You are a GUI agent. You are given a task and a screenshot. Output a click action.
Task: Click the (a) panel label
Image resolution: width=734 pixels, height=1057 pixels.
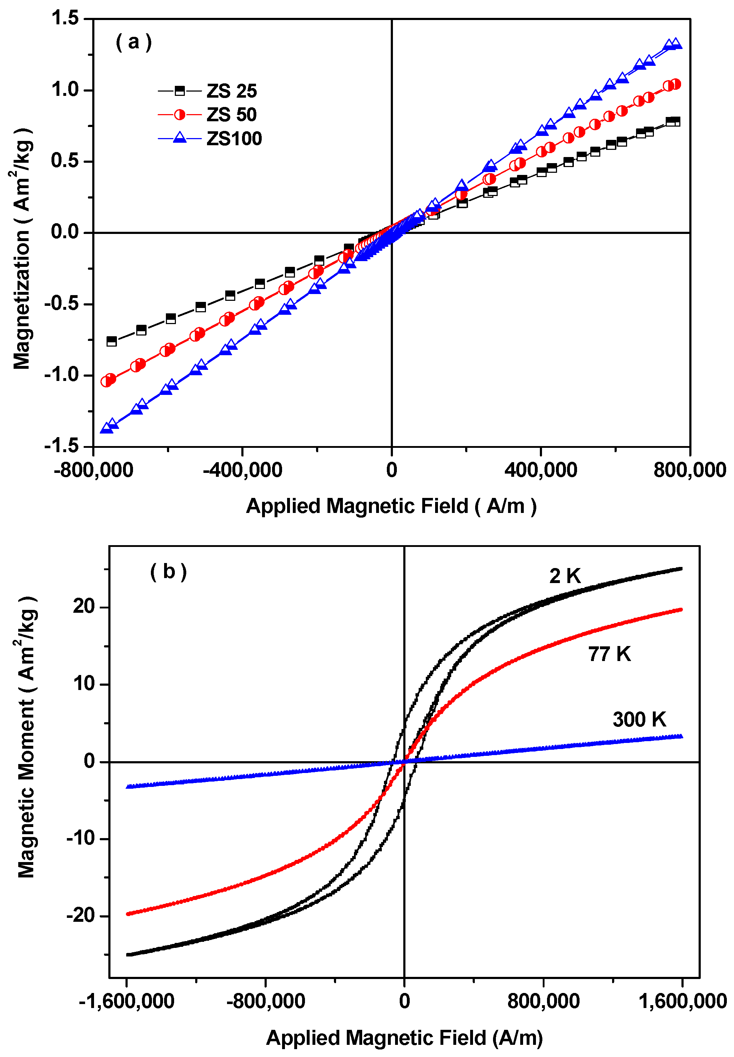[133, 42]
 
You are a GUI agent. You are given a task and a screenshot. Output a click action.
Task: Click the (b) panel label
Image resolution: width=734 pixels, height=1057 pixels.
[168, 572]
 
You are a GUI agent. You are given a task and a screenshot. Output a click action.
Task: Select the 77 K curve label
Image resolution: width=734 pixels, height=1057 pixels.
[609, 654]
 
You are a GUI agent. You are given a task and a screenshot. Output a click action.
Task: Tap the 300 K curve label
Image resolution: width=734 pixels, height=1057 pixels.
[639, 719]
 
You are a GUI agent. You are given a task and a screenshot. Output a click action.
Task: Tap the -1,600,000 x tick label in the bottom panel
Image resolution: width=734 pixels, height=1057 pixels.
[127, 1001]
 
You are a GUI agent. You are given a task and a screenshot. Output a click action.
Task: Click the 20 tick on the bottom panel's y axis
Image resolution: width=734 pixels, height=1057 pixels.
[84, 607]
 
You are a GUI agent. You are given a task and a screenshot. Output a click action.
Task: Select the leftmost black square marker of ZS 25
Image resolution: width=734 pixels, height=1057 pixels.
[111, 341]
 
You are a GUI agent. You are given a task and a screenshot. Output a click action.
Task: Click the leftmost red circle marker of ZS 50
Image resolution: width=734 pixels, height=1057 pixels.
[107, 381]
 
